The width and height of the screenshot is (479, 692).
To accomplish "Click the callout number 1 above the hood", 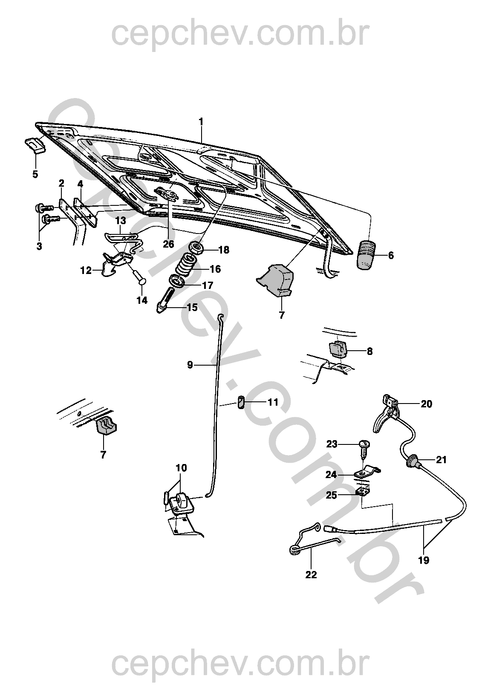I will point(201,122).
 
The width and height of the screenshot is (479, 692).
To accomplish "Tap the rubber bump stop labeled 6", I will point(366,255).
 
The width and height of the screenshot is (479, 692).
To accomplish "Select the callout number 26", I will point(168,244).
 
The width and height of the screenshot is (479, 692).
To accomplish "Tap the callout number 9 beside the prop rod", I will point(190,364).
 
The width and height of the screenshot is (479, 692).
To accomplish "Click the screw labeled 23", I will point(364,446).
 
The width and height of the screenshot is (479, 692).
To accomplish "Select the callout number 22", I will point(311,574).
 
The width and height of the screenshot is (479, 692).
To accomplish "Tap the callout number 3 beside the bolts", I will point(39,246).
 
